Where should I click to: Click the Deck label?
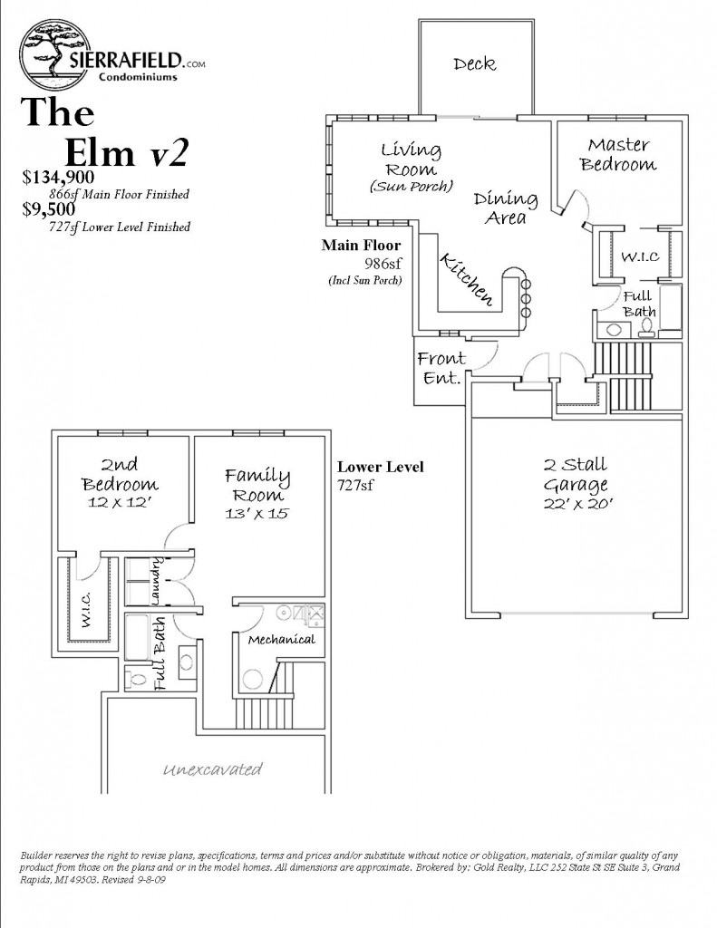pos(475,63)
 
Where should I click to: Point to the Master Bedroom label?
pos(618,154)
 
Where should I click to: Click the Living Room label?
pos(411,159)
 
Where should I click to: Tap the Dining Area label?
pos(506,207)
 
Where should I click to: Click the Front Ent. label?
pos(441,367)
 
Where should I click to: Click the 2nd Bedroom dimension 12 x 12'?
pos(120,502)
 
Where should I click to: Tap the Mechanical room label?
pos(281,640)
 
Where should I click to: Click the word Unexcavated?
pos(213,770)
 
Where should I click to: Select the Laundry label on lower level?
pos(156,585)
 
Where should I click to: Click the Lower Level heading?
pos(380,468)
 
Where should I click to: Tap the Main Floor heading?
pos(361,245)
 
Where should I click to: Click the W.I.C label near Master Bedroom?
pos(635,256)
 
